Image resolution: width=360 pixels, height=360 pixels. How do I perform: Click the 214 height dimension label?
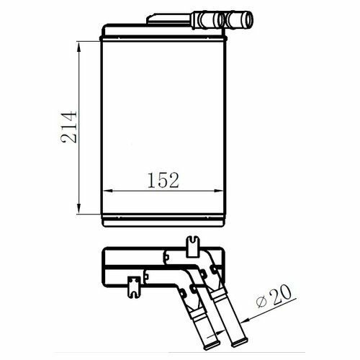coord(69,127)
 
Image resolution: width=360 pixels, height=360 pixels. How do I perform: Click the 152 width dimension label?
coord(163,180)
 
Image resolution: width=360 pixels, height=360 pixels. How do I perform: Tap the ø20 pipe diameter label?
coord(274,296)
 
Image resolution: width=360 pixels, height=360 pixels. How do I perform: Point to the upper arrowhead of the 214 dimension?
coord(79,46)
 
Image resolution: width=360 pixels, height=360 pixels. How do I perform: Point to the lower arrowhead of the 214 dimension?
coord(79,208)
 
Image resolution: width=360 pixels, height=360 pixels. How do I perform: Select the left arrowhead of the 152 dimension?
coord(108,191)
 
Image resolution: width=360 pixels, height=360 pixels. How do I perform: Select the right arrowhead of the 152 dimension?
coord(218,191)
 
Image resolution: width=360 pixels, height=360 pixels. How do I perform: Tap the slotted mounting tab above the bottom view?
coord(193,246)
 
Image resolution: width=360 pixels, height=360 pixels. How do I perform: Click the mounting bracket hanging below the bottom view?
coord(134,287)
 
